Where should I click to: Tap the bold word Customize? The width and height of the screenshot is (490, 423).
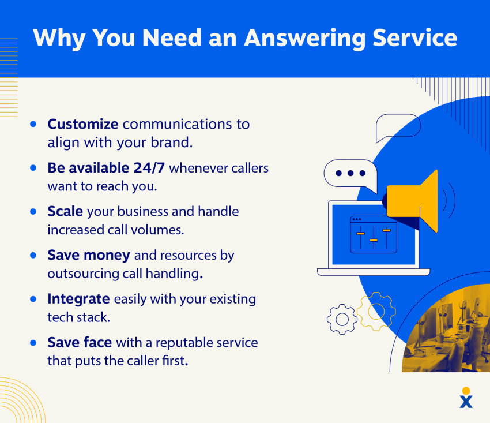pos(83,124)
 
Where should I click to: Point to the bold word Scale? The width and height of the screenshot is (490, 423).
pos(65,212)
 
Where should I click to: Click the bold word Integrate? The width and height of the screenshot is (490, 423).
pos(78,299)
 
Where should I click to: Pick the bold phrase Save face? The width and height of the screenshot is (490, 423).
pos(80,343)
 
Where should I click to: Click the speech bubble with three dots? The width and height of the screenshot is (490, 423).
pos(350,174)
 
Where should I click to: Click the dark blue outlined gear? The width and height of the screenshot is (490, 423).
pos(342,319)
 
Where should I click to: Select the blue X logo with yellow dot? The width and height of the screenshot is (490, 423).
pos(466,398)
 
